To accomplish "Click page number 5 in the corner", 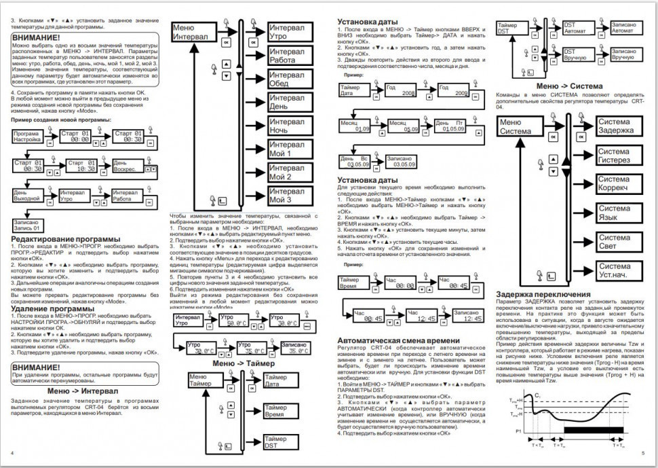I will click(642, 452).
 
